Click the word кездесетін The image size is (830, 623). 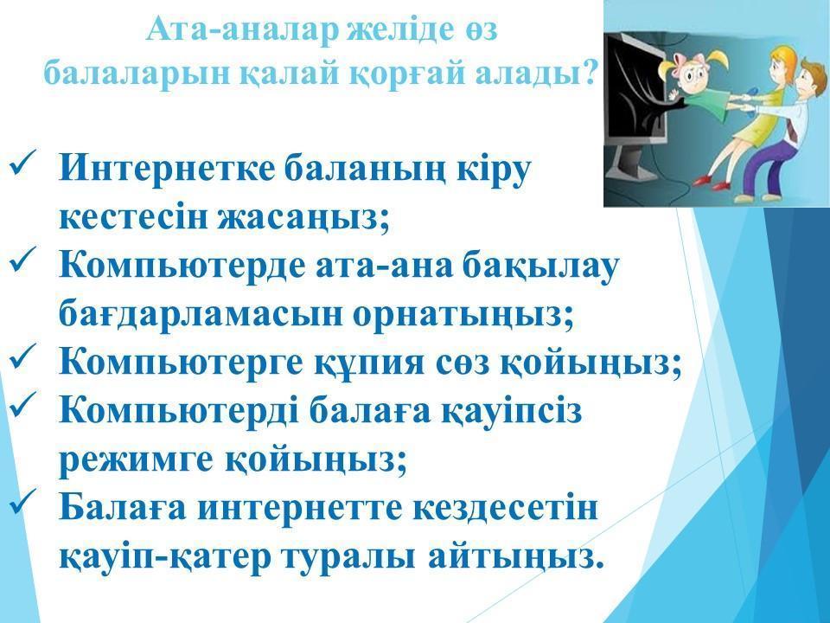pos(505,509)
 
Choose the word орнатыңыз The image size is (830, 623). pos(462,314)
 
